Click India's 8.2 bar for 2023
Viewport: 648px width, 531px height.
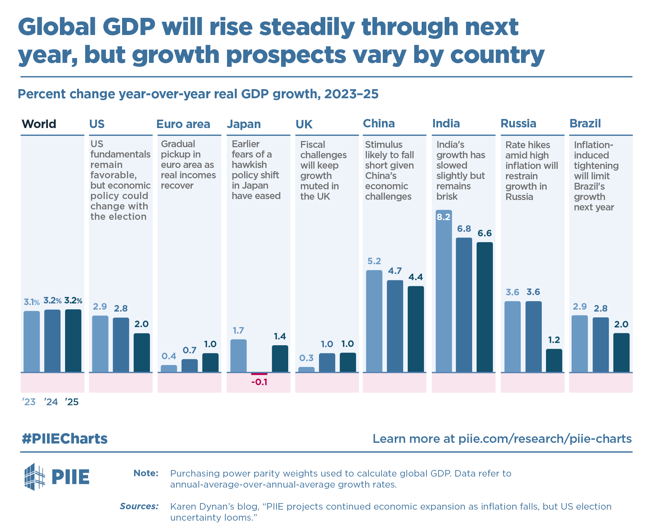(x=444, y=292)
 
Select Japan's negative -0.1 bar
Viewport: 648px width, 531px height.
(x=259, y=374)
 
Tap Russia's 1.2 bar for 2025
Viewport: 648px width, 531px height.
(x=554, y=360)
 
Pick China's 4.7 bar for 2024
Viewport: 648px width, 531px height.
(x=395, y=326)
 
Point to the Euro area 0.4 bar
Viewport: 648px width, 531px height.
(x=169, y=369)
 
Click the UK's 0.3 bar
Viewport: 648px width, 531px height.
(x=306, y=370)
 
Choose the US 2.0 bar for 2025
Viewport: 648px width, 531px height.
(x=142, y=353)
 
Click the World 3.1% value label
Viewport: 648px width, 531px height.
(x=31, y=302)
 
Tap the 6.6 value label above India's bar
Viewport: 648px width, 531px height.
(x=484, y=233)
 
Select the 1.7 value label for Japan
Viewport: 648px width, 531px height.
(x=238, y=331)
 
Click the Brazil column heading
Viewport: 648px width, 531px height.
(x=585, y=124)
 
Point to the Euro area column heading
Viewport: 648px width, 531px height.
(x=183, y=124)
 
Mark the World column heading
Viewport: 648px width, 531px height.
(x=39, y=124)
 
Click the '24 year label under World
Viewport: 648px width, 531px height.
(x=51, y=402)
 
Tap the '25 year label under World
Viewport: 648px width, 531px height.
(x=72, y=402)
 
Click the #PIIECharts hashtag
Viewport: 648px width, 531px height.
(x=64, y=439)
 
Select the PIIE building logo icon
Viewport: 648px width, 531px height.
(x=34, y=477)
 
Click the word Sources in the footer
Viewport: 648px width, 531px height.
(x=139, y=506)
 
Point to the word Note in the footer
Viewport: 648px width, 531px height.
(x=146, y=473)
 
